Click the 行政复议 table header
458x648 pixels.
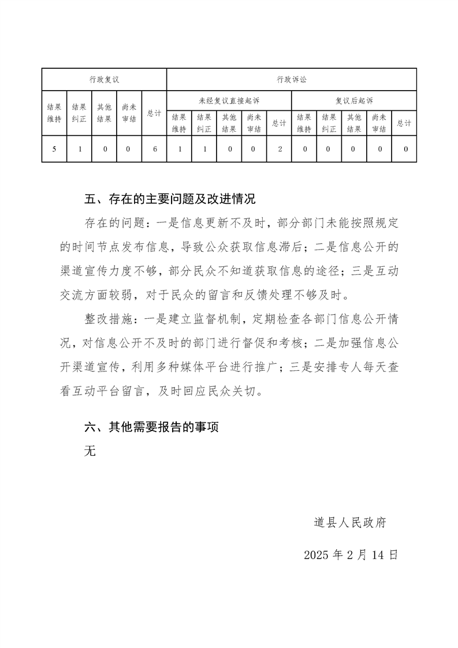coord(104,80)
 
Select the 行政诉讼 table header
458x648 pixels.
coord(291,80)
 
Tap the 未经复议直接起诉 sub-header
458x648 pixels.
coord(229,100)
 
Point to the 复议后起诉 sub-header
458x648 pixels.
coord(354,100)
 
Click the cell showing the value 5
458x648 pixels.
coord(54,149)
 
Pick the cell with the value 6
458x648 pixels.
coord(154,149)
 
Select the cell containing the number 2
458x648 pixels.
coord(280,149)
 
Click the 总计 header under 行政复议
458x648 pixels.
coord(154,113)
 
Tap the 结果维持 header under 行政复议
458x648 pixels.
coord(54,113)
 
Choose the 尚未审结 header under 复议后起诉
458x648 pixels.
coord(379,123)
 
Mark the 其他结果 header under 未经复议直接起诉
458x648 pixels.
coord(229,123)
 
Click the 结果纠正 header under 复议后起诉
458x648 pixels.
coord(329,123)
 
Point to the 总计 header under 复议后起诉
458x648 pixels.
coord(404,123)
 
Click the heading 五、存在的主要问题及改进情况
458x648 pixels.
coord(170,200)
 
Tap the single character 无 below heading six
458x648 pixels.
coord(90,452)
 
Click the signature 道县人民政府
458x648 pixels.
coord(350,523)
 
